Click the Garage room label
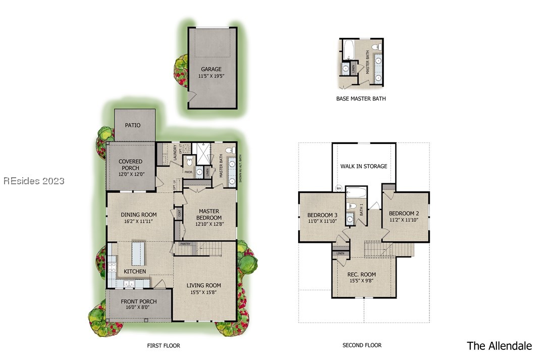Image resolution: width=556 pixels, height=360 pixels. (x=211, y=69)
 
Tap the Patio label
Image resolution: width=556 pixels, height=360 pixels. (x=133, y=125)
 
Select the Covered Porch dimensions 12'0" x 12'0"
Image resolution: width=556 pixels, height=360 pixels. (x=131, y=174)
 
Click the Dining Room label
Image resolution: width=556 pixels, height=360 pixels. (x=139, y=214)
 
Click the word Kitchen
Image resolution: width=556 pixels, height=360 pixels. (x=135, y=272)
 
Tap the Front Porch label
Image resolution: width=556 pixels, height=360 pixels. (x=139, y=301)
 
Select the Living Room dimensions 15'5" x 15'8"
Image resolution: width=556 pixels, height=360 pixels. (x=204, y=292)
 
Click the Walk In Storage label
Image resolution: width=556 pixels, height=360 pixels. (x=364, y=166)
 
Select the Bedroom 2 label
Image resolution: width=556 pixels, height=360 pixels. (x=404, y=214)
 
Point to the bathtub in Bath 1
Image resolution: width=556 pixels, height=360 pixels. (x=357, y=193)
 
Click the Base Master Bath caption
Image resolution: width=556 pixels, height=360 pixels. (x=361, y=99)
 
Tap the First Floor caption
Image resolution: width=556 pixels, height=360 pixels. (x=163, y=346)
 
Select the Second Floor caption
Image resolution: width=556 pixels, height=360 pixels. (x=362, y=345)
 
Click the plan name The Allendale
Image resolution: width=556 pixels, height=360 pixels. (x=499, y=346)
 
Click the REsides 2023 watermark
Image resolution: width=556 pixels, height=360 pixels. (x=34, y=181)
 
